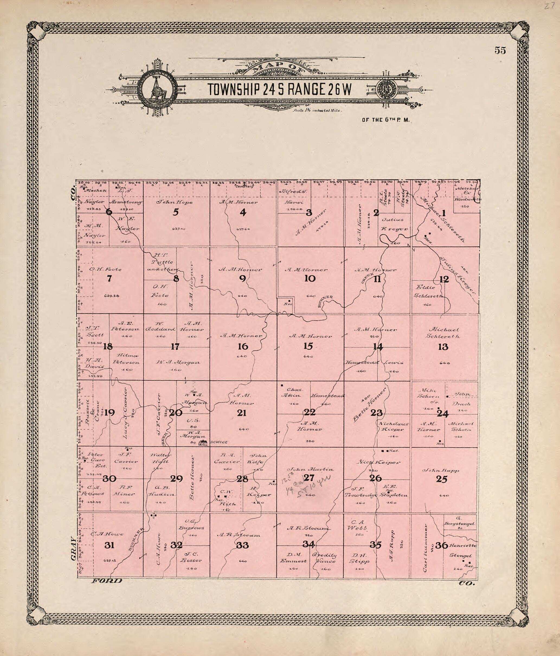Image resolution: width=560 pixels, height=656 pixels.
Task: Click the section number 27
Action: (308, 478)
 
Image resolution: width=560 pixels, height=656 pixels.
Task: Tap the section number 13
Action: (443, 347)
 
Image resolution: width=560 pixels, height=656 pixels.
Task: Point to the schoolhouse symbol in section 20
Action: (202, 443)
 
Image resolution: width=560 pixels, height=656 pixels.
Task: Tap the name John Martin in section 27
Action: (310, 469)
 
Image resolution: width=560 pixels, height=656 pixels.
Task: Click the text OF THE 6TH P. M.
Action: (386, 120)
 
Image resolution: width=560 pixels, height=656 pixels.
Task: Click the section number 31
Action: (109, 545)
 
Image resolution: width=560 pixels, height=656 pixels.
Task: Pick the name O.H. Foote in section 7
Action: (105, 270)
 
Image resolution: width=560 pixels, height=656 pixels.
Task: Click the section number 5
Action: (176, 212)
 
